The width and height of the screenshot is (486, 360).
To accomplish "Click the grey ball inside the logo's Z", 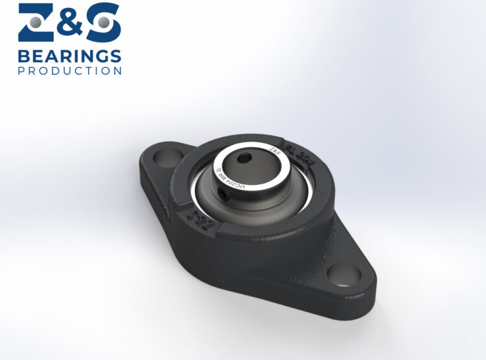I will click(x=38, y=23).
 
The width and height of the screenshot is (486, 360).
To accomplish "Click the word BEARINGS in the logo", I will click(x=69, y=55).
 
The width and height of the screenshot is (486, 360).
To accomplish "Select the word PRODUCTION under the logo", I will click(x=69, y=71).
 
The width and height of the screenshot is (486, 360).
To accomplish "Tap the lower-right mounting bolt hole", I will click(x=343, y=274).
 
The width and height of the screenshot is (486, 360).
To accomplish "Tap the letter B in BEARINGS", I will click(x=23, y=55).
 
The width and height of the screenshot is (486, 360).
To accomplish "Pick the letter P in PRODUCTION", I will click(x=21, y=71).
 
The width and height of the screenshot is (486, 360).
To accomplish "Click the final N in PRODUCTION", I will click(x=118, y=71).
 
